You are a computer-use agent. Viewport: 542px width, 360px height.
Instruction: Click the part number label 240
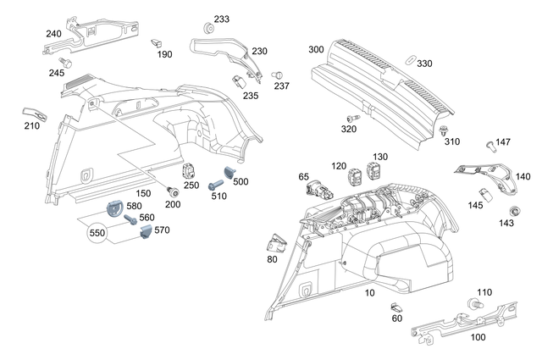pyautogui.click(x=53, y=34)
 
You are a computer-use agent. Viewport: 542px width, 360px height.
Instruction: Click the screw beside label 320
pyautogui.click(x=350, y=118)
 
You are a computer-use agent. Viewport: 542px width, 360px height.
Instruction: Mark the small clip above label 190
pyautogui.click(x=157, y=42)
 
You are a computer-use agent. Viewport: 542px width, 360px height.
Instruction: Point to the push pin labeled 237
pyautogui.click(x=277, y=76)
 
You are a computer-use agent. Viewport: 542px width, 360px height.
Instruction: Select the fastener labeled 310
pyautogui.click(x=445, y=129)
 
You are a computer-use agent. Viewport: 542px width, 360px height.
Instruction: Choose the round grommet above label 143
pyautogui.click(x=513, y=210)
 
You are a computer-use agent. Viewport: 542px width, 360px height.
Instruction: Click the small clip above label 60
pyautogui.click(x=395, y=306)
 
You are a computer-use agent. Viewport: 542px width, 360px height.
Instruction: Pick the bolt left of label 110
pyautogui.click(x=472, y=303)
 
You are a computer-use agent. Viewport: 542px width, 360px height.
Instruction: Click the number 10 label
pyautogui.click(x=368, y=292)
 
